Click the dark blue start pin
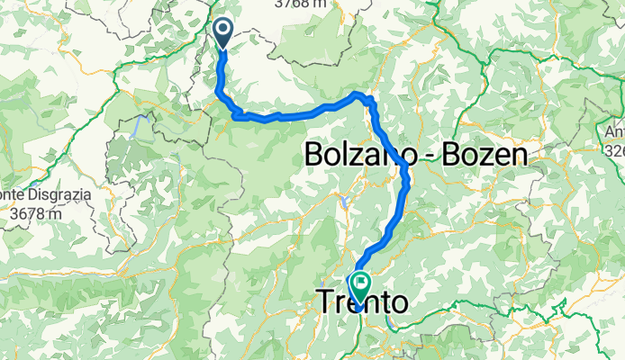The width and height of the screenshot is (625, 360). (223, 33)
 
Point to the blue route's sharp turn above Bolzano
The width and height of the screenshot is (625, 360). (369, 97)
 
